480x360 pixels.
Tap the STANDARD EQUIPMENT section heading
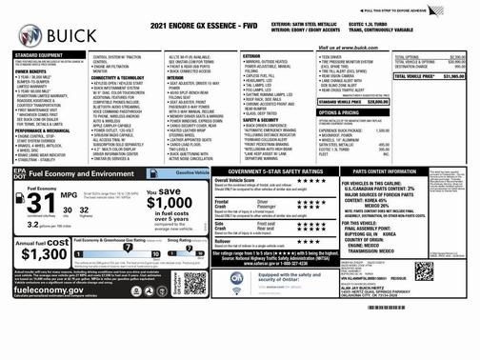tap(37, 55)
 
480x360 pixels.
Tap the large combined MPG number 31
tap(41, 206)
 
